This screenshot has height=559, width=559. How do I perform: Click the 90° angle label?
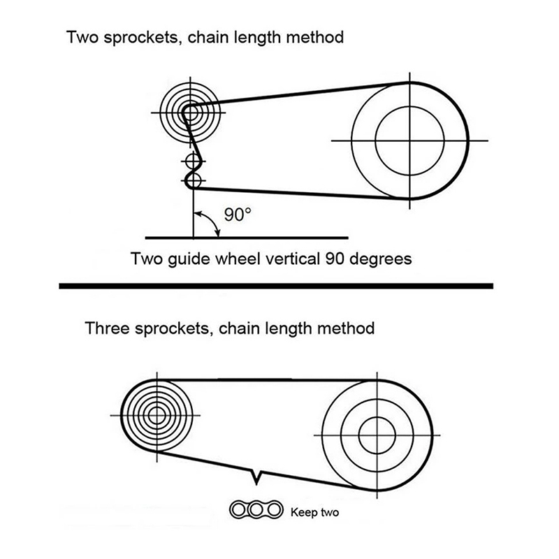[x=236, y=214]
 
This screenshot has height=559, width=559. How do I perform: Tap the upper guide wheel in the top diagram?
[x=193, y=162]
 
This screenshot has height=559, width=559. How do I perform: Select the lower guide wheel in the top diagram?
[x=194, y=182]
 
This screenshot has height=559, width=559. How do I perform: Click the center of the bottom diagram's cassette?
[x=157, y=414]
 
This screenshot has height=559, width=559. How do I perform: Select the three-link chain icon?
[x=256, y=511]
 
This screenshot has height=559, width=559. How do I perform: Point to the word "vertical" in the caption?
[x=294, y=259]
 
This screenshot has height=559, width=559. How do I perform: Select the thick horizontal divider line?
[x=276, y=286]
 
